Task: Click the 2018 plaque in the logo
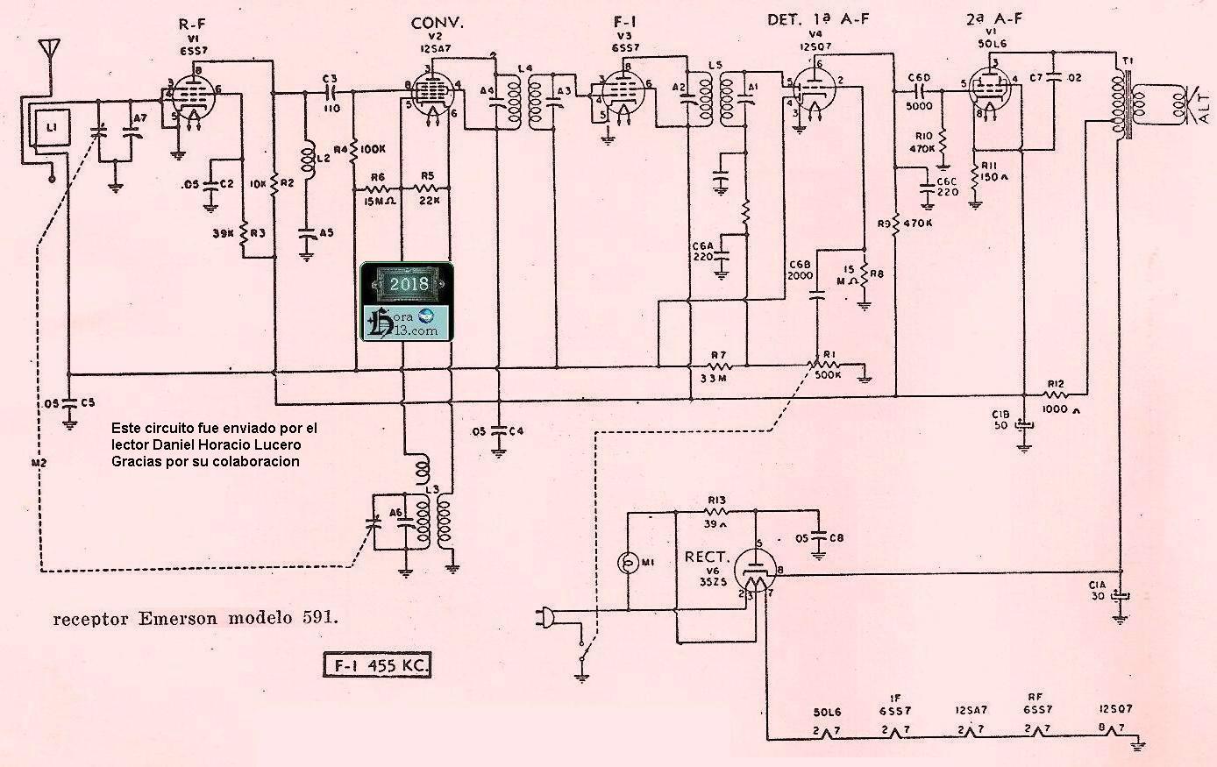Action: click(409, 284)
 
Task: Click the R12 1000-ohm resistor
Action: click(1055, 396)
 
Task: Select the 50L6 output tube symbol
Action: click(990, 92)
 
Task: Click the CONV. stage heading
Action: click(437, 23)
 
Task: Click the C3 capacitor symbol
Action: click(331, 91)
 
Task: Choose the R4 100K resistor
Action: click(355, 151)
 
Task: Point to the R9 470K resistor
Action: click(896, 222)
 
